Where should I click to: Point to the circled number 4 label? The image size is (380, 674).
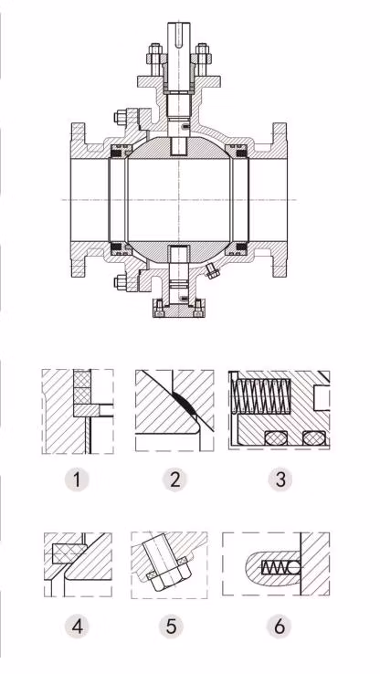point(79,627)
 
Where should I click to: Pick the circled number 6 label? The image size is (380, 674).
point(279,627)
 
